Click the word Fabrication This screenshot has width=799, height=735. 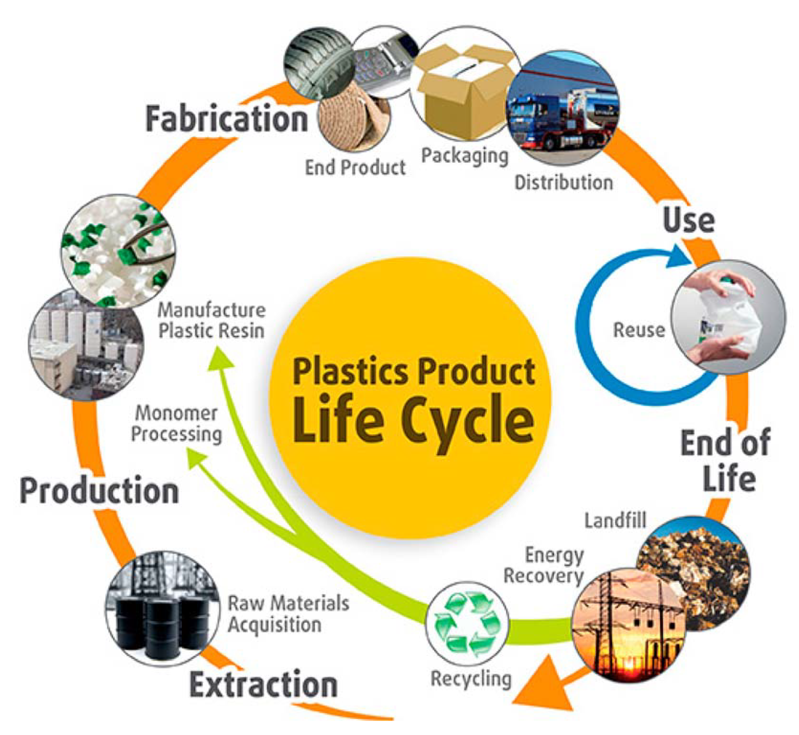pos(226,119)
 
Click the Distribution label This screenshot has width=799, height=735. pos(564,183)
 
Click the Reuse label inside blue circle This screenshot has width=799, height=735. pos(639,330)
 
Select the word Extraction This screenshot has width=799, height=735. pos(264,685)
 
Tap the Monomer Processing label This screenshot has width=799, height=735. pos(177,424)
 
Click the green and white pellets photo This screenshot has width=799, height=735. pos(118,251)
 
